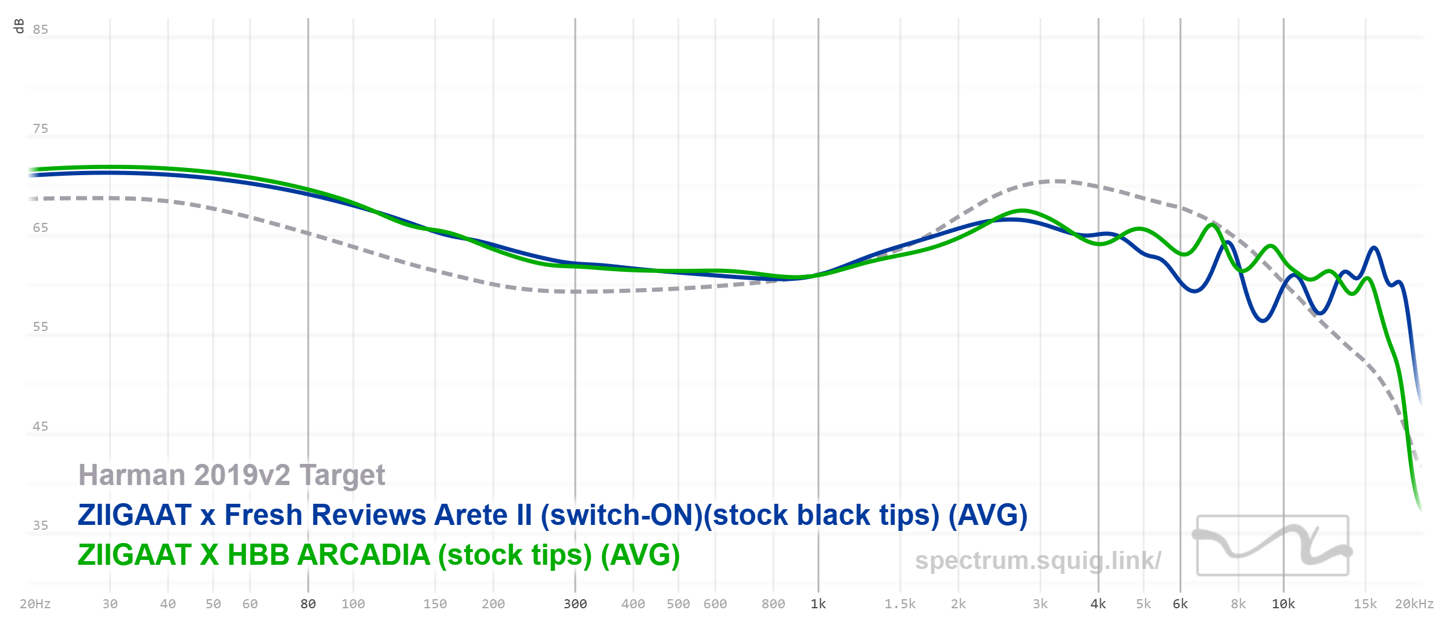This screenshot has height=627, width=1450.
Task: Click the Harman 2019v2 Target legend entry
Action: click(x=231, y=475)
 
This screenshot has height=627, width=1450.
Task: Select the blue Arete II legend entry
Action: click(x=552, y=515)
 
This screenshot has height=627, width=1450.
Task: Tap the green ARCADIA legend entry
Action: click(x=379, y=555)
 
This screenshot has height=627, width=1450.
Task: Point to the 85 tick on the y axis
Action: click(x=40, y=30)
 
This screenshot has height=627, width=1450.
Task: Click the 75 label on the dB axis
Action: click(x=40, y=129)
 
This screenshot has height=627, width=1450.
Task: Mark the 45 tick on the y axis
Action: click(x=40, y=426)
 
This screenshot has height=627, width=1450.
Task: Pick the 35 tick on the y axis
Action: click(x=40, y=526)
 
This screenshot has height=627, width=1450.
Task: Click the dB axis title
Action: click(x=19, y=26)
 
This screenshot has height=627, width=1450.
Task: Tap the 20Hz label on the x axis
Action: click(x=35, y=604)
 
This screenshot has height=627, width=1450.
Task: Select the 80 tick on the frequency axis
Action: click(x=308, y=604)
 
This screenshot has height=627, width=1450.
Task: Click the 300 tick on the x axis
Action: click(x=575, y=604)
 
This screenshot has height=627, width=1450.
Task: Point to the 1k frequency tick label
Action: click(x=818, y=604)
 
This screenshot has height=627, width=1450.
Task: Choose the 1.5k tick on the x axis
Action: click(x=900, y=604)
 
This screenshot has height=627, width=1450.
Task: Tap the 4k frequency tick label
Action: click(x=1098, y=604)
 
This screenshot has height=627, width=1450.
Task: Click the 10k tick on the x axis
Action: click(x=1283, y=604)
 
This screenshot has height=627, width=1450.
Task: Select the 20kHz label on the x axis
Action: click(x=1414, y=604)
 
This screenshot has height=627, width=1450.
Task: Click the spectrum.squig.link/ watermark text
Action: click(x=1037, y=561)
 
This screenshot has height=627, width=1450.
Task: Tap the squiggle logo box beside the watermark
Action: click(x=1272, y=545)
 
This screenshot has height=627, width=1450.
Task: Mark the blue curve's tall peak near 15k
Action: click(x=1374, y=248)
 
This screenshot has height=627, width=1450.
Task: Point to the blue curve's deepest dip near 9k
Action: click(x=1263, y=320)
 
